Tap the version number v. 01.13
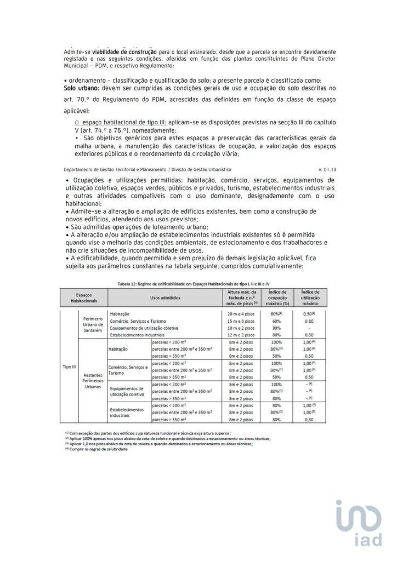[x=327, y=170]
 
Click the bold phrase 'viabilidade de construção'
[x=124, y=52]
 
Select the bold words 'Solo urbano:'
[x=81, y=88]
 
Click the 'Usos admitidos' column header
[x=165, y=298]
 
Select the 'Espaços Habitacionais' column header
[x=84, y=298]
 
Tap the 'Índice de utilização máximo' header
[x=310, y=298]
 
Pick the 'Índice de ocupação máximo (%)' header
[x=277, y=298]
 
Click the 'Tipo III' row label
[x=69, y=367]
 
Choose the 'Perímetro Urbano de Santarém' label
[x=93, y=325]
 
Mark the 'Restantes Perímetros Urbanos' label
[x=93, y=381]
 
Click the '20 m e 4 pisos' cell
[x=241, y=314]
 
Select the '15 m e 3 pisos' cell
[x=241, y=321]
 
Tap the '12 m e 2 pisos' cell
[x=241, y=335]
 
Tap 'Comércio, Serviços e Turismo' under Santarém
[x=138, y=321]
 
